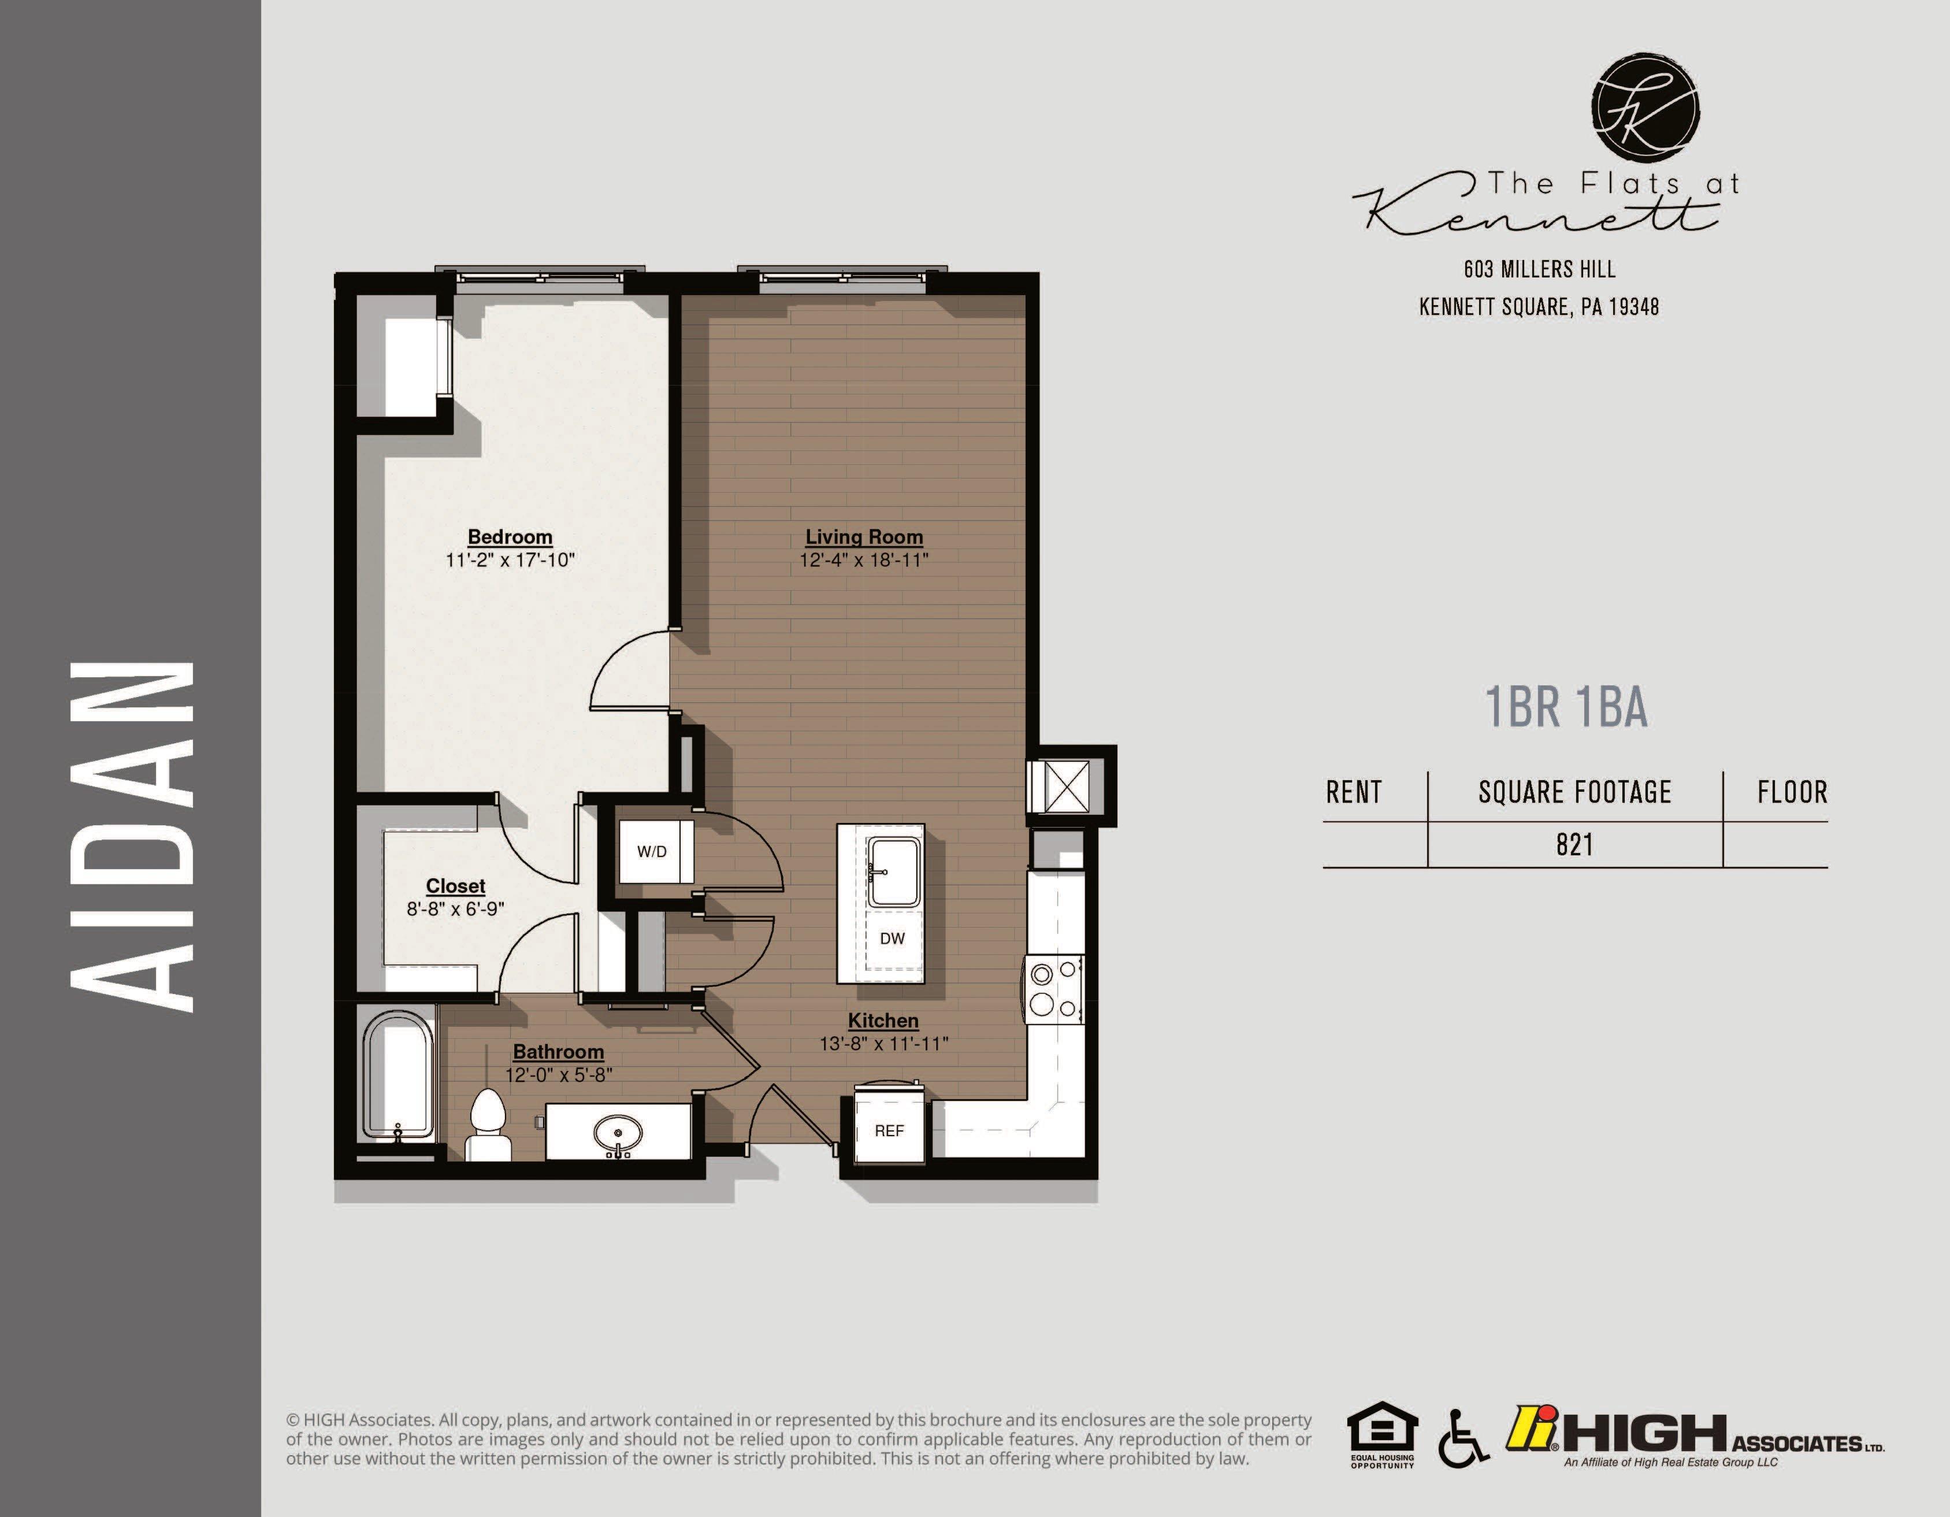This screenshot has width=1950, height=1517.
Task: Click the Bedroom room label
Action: (510, 537)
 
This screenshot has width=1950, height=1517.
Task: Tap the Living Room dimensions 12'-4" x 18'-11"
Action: (863, 561)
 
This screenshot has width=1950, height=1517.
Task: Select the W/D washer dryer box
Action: (652, 851)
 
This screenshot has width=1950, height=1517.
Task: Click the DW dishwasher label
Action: (892, 939)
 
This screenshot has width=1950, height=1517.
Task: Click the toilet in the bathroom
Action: (488, 1125)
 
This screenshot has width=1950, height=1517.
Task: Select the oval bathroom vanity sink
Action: (617, 1134)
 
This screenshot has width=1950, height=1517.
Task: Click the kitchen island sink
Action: (894, 871)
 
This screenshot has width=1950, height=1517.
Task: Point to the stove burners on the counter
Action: (1053, 988)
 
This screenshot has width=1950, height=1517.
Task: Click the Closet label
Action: (455, 886)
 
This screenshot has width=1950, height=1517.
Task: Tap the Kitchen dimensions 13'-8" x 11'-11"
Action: (883, 1044)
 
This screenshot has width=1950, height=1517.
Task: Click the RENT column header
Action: (1354, 792)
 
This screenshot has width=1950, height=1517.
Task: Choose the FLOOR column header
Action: (1792, 792)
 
